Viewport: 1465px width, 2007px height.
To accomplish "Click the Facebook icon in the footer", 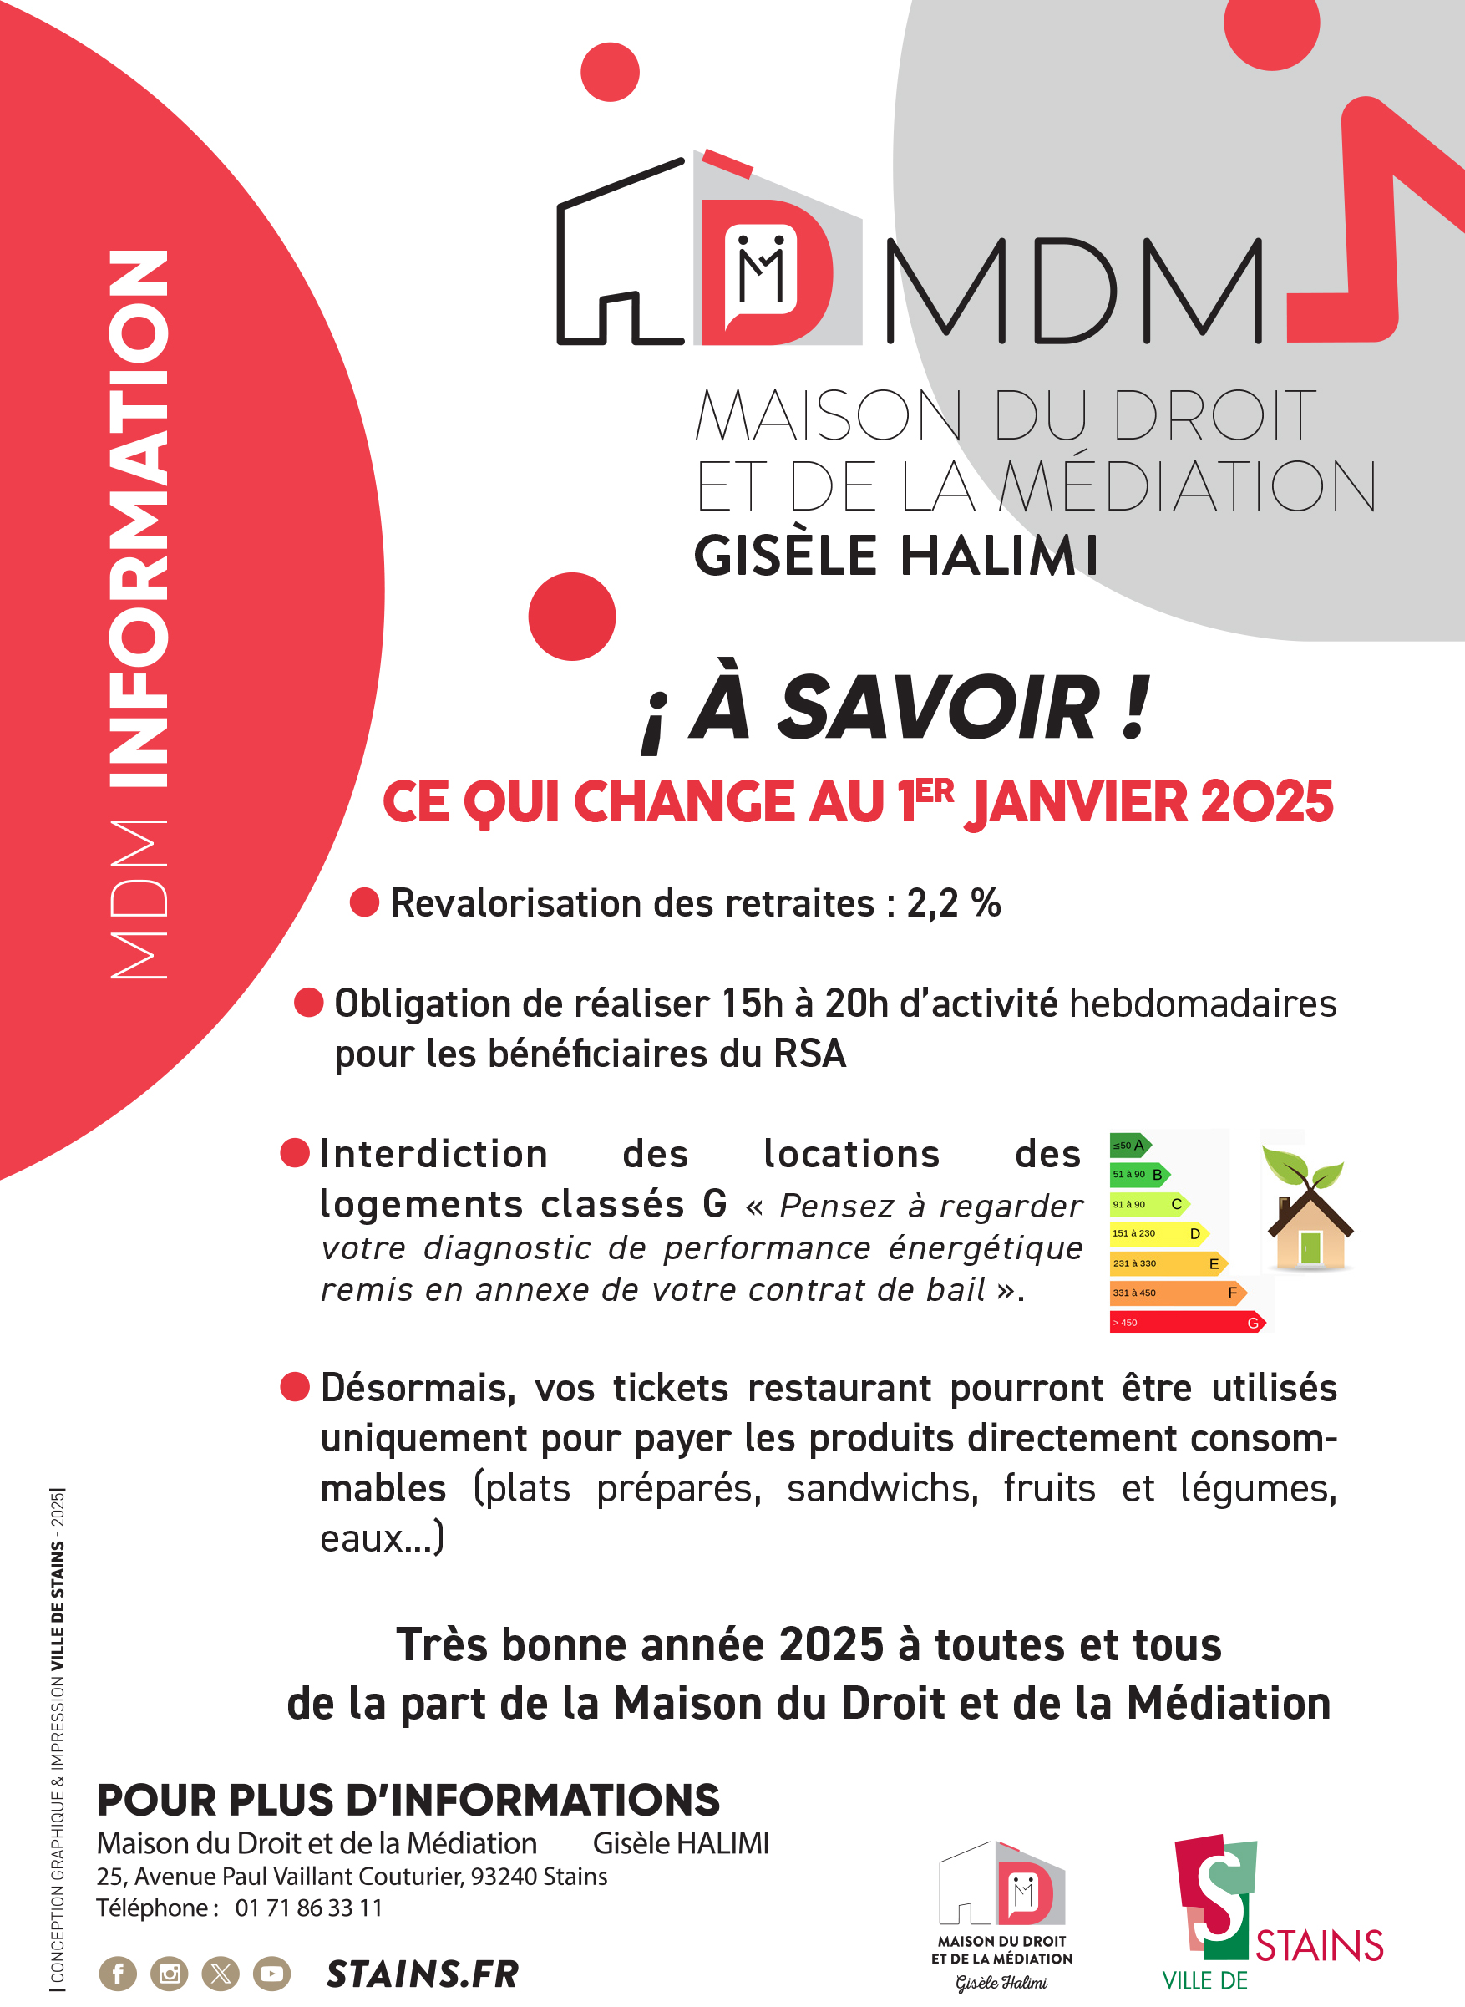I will (x=118, y=1974).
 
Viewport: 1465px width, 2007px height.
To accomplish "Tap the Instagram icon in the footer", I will (x=170, y=1974).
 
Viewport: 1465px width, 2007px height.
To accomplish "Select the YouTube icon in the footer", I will (x=271, y=1974).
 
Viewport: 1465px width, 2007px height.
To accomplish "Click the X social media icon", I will (x=221, y=1974).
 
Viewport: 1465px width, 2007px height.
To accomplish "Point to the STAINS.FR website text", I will (x=422, y=1974).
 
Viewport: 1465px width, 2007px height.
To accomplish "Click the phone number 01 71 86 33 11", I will (x=308, y=1908).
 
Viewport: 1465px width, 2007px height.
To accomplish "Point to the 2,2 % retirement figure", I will (x=953, y=904).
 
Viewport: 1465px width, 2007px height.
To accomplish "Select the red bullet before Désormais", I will (x=294, y=1386).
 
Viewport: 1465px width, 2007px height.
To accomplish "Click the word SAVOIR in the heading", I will (x=938, y=708).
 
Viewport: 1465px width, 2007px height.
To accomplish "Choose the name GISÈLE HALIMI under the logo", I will (x=895, y=556).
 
